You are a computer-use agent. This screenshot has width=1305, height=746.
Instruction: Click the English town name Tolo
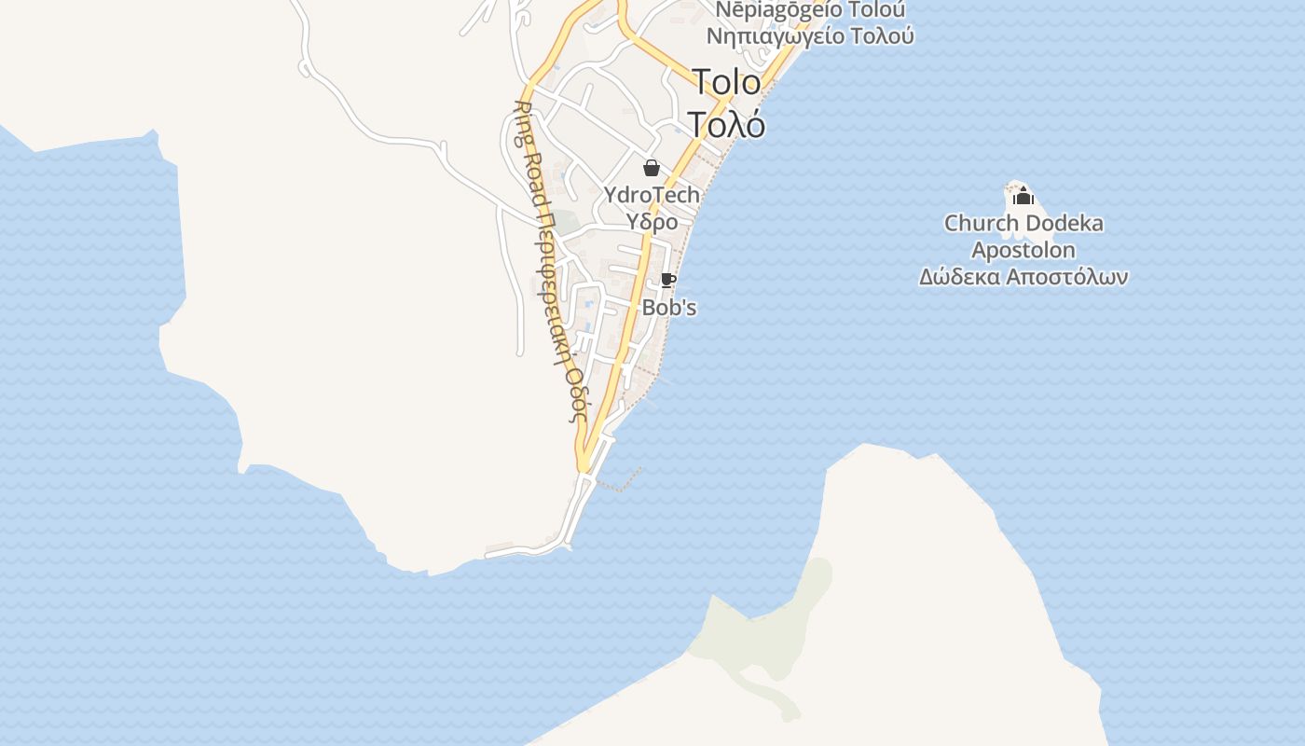(726, 82)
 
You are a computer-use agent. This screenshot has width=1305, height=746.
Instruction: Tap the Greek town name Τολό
(726, 123)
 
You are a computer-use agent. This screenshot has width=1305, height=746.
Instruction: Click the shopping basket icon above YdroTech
(651, 168)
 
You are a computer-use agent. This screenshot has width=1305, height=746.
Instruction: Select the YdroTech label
(652, 195)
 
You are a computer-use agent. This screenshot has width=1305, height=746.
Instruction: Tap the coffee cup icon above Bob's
(666, 280)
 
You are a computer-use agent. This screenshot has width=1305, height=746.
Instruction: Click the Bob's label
(669, 308)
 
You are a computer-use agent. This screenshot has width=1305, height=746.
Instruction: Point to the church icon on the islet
(1023, 196)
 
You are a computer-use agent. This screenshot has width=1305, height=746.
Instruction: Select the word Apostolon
(1023, 250)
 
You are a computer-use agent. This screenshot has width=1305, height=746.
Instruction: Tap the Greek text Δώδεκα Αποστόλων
(1023, 277)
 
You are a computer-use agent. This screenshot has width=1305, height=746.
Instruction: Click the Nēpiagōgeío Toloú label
(810, 10)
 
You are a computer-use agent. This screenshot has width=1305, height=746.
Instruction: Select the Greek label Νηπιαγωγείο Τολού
(810, 36)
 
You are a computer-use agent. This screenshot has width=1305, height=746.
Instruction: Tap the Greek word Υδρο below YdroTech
(652, 222)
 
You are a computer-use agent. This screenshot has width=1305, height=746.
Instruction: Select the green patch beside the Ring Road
(567, 224)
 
